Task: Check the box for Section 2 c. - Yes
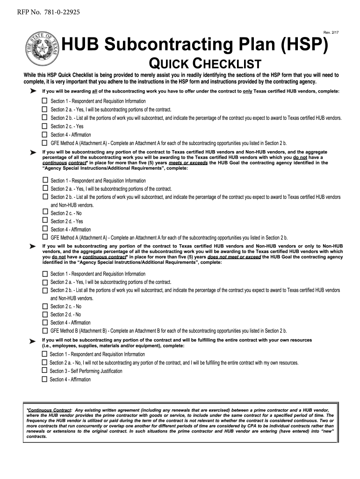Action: (x=45, y=126)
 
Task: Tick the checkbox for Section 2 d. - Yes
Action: (x=45, y=221)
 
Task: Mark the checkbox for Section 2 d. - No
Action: (x=45, y=314)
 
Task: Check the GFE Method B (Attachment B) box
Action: (x=45, y=331)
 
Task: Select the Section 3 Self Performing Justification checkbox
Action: (x=44, y=371)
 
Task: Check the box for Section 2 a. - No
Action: (x=44, y=363)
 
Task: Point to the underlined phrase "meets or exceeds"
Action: (x=188, y=163)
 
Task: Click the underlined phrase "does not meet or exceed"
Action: (x=234, y=257)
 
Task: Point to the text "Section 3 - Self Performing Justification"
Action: (x=86, y=371)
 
